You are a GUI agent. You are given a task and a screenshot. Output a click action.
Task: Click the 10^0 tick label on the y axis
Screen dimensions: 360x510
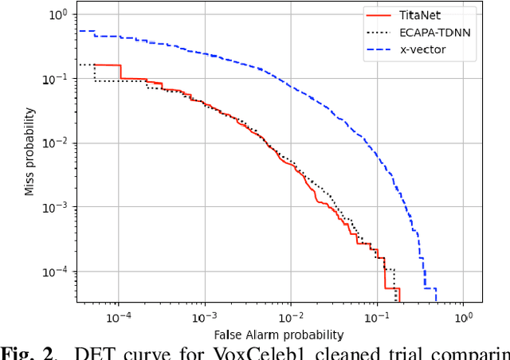pyautogui.click(x=57, y=14)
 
